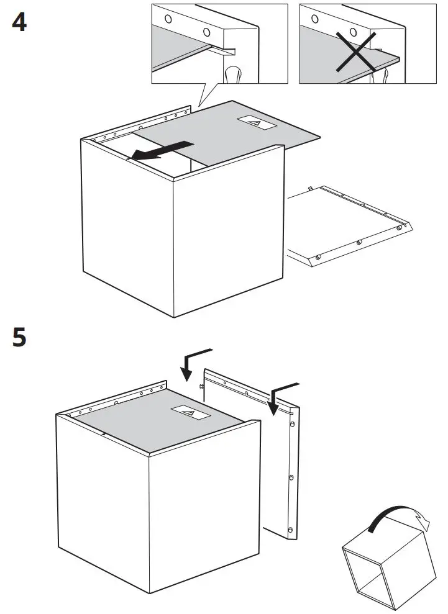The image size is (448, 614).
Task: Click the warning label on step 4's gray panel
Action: point(257,124)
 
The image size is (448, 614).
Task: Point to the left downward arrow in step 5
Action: point(190,364)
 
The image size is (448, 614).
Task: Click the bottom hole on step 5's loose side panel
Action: point(290,529)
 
